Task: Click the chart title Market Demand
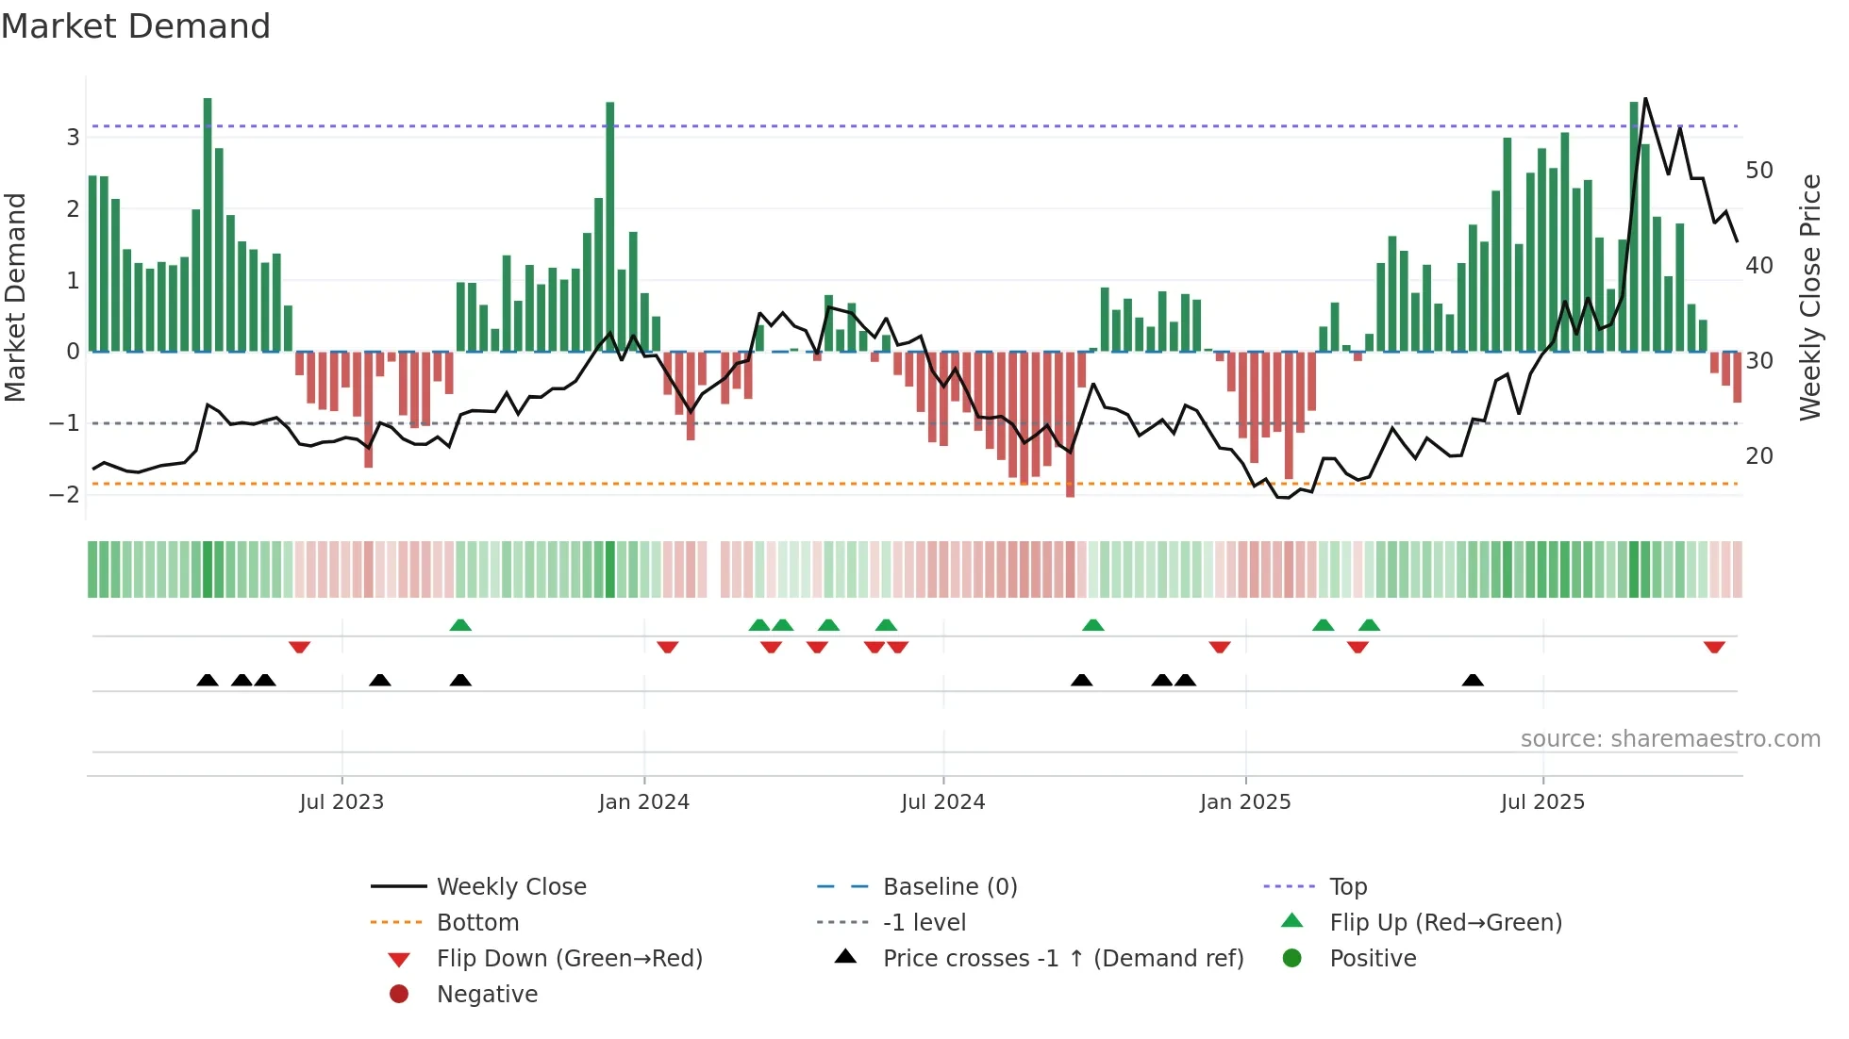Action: (136, 26)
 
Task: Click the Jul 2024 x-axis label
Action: (942, 802)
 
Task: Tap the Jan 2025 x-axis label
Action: (1244, 802)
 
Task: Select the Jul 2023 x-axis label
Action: (341, 802)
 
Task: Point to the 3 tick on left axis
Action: (73, 138)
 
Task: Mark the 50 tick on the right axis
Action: (1758, 171)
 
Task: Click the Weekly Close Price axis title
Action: (1809, 297)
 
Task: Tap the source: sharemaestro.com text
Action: (1670, 739)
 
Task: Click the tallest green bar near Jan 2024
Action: (610, 226)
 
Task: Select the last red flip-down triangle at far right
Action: (1714, 648)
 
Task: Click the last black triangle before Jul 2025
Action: (1473, 680)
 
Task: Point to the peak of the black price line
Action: (1645, 99)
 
